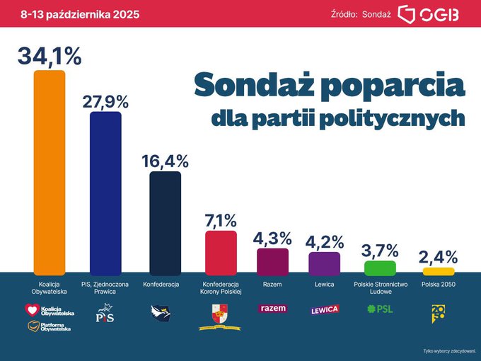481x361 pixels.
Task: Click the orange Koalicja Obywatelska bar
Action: (x=50, y=170)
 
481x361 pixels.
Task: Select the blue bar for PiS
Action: (x=105, y=191)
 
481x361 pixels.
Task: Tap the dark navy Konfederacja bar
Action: (x=166, y=221)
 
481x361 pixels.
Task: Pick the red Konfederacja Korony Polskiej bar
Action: (x=221, y=251)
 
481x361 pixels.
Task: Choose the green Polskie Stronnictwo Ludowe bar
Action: (x=380, y=268)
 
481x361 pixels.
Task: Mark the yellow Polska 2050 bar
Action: (x=439, y=271)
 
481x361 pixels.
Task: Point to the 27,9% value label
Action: (x=105, y=101)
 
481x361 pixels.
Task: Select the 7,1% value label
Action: (x=221, y=220)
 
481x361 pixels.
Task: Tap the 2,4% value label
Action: (x=439, y=256)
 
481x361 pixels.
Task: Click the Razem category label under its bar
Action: (x=272, y=284)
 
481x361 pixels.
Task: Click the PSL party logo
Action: (x=380, y=309)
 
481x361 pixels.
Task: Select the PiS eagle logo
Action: (x=105, y=312)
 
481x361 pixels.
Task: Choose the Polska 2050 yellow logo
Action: (x=439, y=312)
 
